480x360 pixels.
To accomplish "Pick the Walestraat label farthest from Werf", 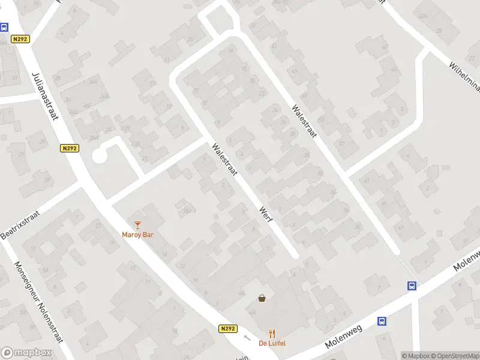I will coord(304,124).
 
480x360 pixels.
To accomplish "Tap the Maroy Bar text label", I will coord(137,235).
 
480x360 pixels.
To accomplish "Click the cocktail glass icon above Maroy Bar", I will coord(138,225).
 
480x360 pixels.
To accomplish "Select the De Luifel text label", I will coord(272,343).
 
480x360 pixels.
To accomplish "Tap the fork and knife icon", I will coord(272,334).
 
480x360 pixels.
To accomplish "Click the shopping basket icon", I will coord(262,298).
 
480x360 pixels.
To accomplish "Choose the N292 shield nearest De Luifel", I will coord(228,329).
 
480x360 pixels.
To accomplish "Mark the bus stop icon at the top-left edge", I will coord(4,27).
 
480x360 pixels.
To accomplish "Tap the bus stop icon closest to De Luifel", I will coord(382,321).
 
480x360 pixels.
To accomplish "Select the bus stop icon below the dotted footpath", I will coord(412,286).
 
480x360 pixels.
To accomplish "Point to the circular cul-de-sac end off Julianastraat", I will coord(100,156).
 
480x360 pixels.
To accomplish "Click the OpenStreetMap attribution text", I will coord(454,356).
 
